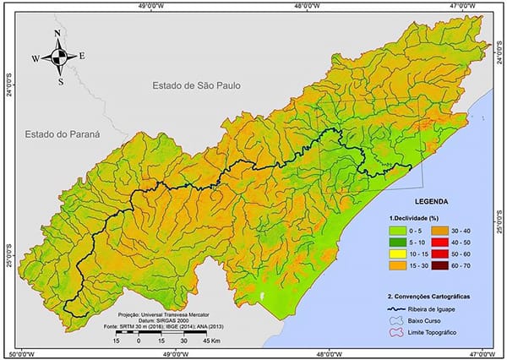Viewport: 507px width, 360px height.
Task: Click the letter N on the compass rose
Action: [x=57, y=34]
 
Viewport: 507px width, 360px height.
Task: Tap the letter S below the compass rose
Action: [x=60, y=82]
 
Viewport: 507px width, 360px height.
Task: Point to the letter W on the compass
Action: [x=35, y=59]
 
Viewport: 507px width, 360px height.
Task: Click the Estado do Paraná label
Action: [x=63, y=134]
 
